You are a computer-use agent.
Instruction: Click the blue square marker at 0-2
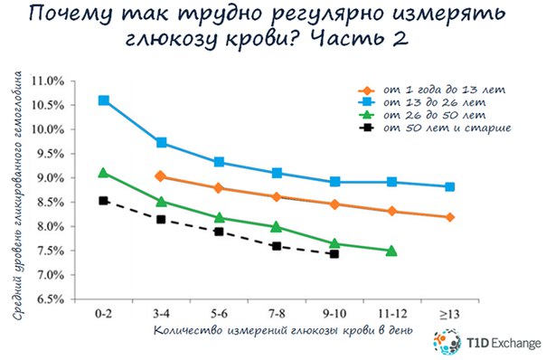104,100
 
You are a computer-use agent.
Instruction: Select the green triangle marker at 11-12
391,251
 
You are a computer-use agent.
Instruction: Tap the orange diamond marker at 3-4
161,176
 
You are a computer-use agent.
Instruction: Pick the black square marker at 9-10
334,254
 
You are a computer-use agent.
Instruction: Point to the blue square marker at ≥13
449,187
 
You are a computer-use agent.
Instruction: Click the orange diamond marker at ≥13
449,217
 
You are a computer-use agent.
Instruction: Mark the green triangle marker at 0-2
103,173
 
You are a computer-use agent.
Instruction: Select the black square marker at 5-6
219,232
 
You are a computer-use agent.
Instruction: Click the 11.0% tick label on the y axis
48,81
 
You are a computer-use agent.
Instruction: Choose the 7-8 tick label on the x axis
277,314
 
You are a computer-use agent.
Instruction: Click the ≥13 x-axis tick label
449,315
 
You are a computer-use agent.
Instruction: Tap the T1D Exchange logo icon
447,342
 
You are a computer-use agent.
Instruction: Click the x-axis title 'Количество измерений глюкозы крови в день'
283,329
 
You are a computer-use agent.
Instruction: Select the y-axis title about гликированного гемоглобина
18,195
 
